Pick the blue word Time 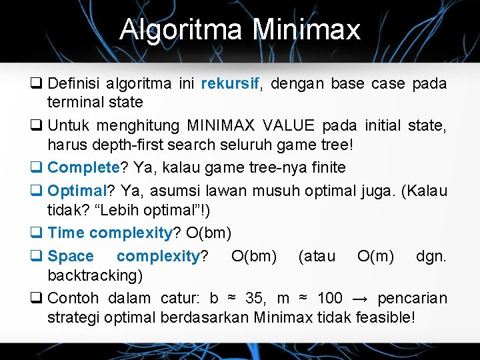click(x=66, y=233)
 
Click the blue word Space click(x=71, y=255)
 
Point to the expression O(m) click(x=375, y=255)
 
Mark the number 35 click(x=255, y=297)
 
